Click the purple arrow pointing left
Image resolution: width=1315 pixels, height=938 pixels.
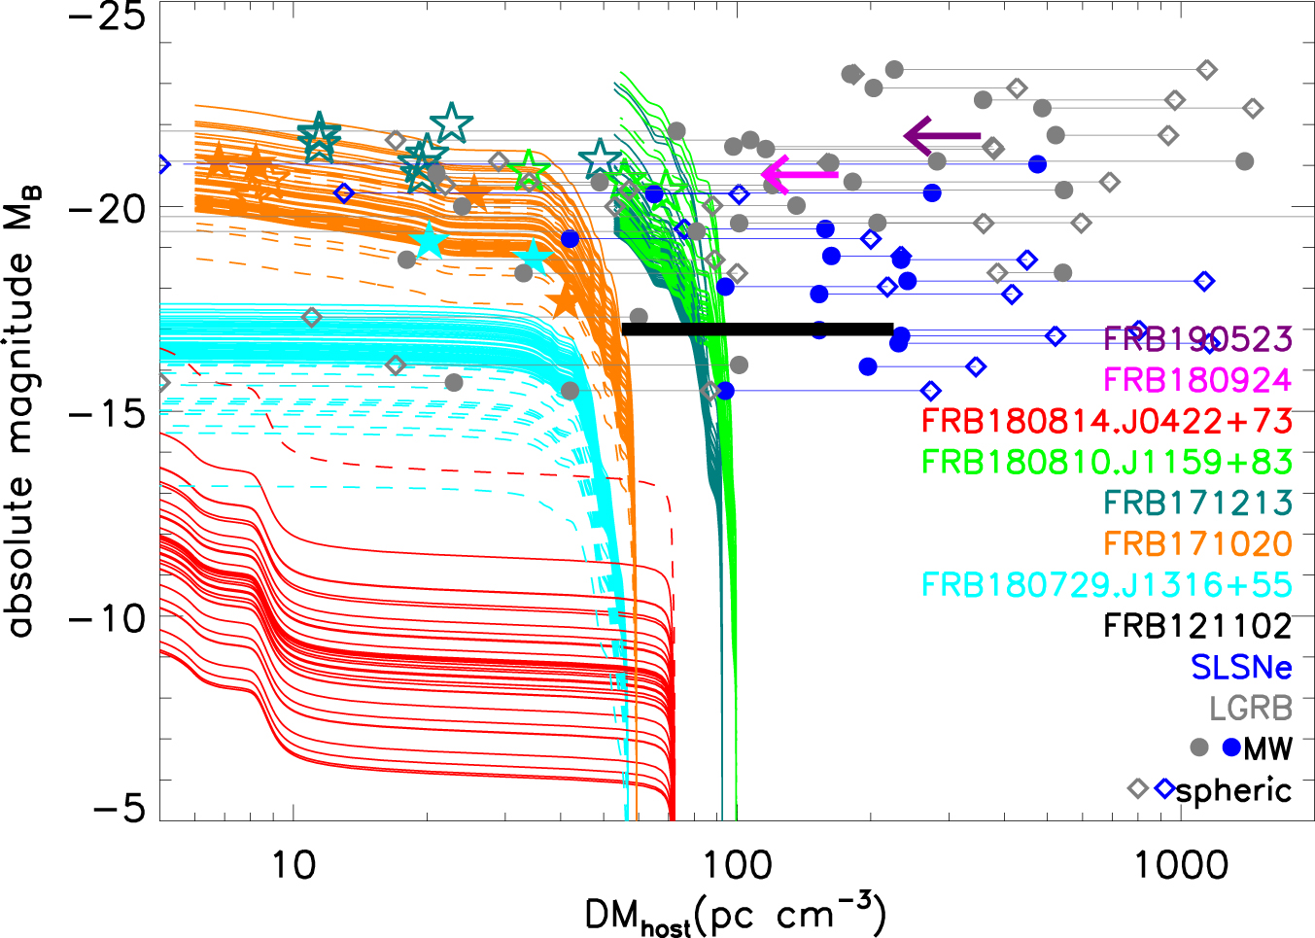click(941, 136)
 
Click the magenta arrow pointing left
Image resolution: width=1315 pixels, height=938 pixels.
click(799, 175)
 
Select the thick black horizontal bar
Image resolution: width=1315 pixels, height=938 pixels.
click(757, 330)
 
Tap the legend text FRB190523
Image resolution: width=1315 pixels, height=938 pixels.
click(1197, 339)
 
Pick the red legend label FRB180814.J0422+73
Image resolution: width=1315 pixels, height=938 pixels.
click(1106, 421)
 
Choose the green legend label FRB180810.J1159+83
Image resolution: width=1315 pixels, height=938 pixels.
click(1106, 462)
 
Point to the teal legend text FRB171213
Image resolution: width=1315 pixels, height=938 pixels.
click(1197, 503)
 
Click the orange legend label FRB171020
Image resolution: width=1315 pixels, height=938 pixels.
click(1197, 543)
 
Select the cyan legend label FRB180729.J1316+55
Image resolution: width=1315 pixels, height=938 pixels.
click(1106, 584)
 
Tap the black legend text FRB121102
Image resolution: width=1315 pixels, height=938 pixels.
click(1197, 625)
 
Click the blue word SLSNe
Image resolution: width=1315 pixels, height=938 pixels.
click(1241, 667)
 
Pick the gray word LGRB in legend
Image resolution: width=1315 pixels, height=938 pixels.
click(1250, 708)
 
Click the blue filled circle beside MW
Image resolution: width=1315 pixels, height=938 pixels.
click(1231, 747)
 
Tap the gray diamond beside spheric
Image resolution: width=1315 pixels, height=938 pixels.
click(1138, 788)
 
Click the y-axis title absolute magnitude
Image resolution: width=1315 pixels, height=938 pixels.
click(21, 418)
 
